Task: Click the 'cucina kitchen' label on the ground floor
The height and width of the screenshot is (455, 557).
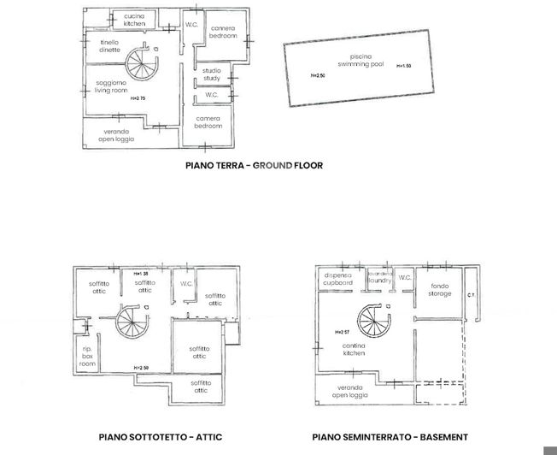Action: point(134,20)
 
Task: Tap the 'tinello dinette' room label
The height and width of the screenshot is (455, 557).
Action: point(109,46)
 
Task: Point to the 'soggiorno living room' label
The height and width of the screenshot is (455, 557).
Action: point(110,86)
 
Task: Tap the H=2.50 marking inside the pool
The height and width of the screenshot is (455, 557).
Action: point(318,76)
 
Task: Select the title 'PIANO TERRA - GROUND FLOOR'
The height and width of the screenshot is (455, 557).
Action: point(254,165)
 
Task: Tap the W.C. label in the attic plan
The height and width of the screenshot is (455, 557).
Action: point(185,283)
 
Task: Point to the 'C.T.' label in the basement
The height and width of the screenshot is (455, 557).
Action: point(470,295)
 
